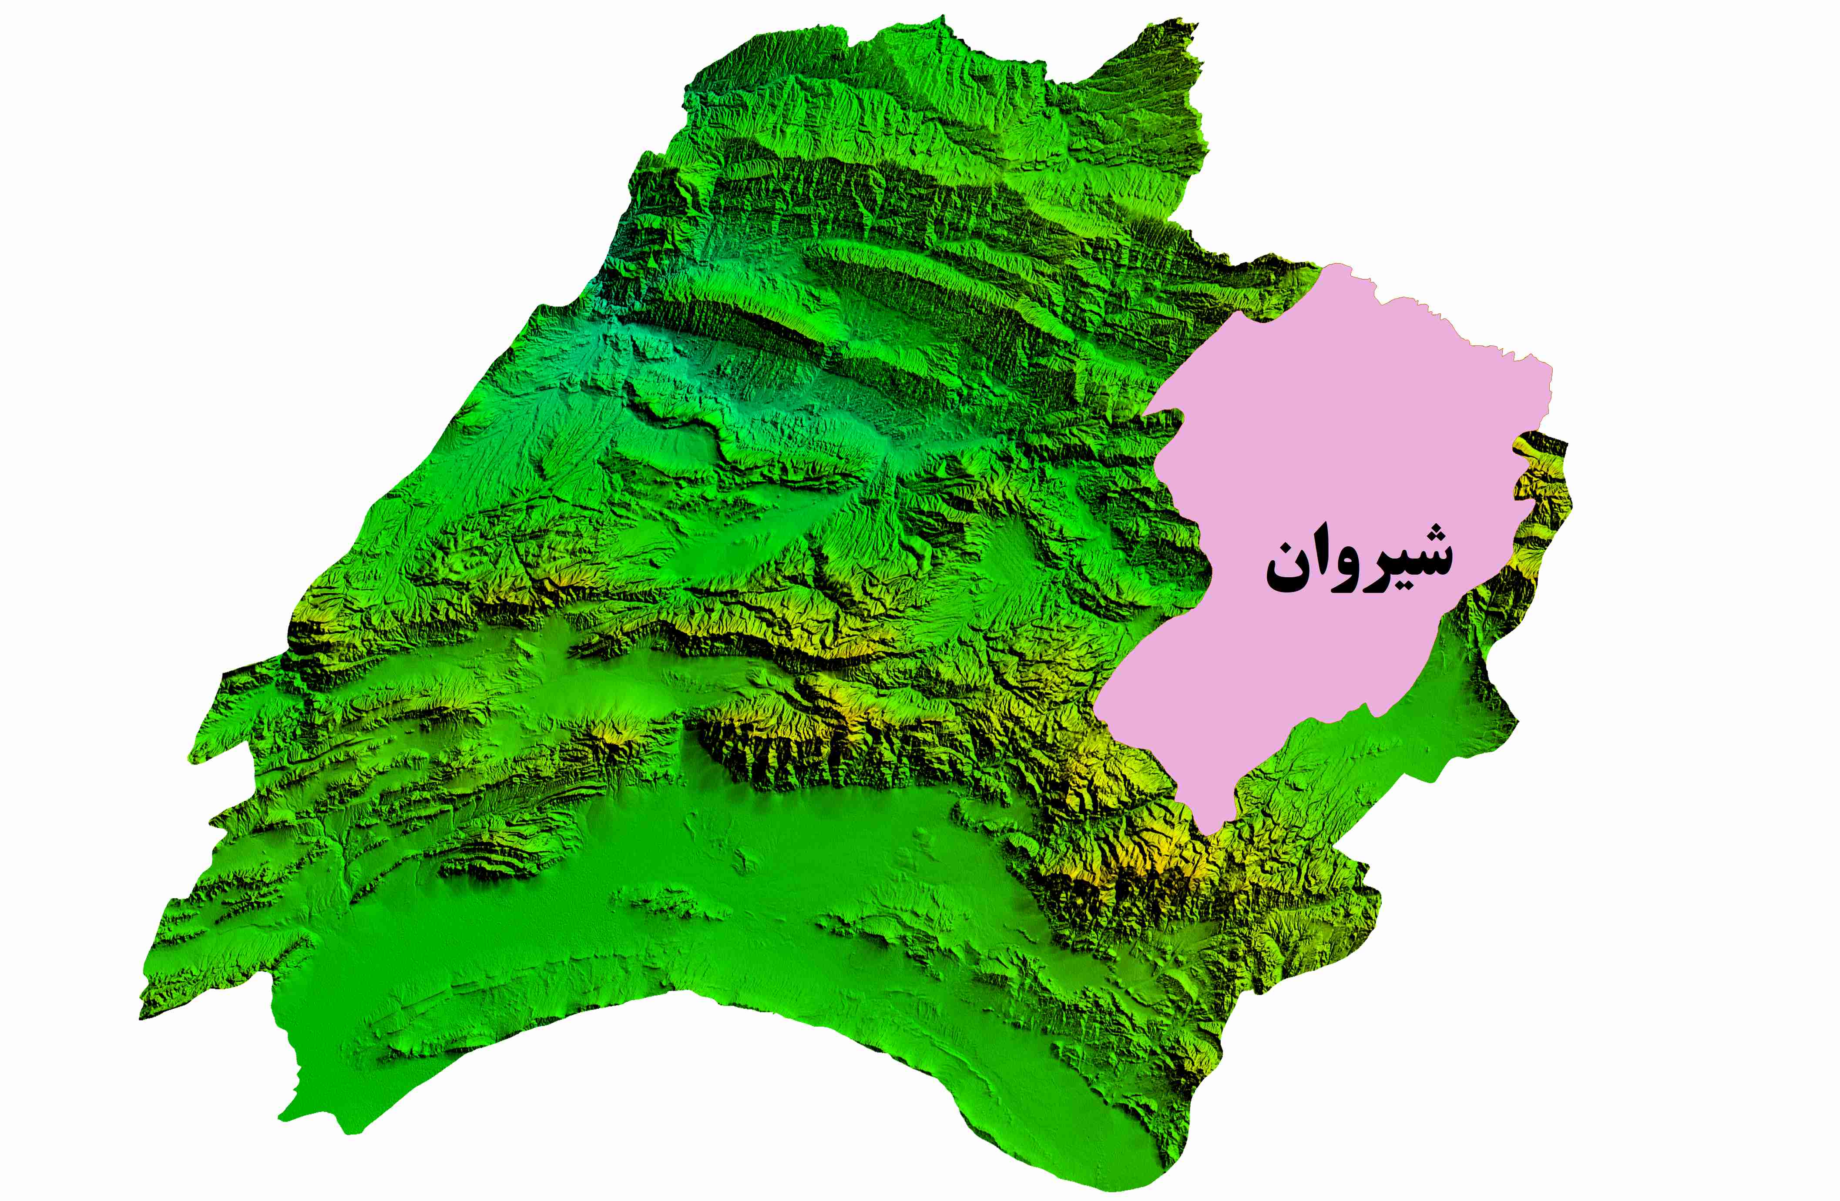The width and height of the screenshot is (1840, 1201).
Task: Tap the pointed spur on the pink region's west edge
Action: coord(1096,705)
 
